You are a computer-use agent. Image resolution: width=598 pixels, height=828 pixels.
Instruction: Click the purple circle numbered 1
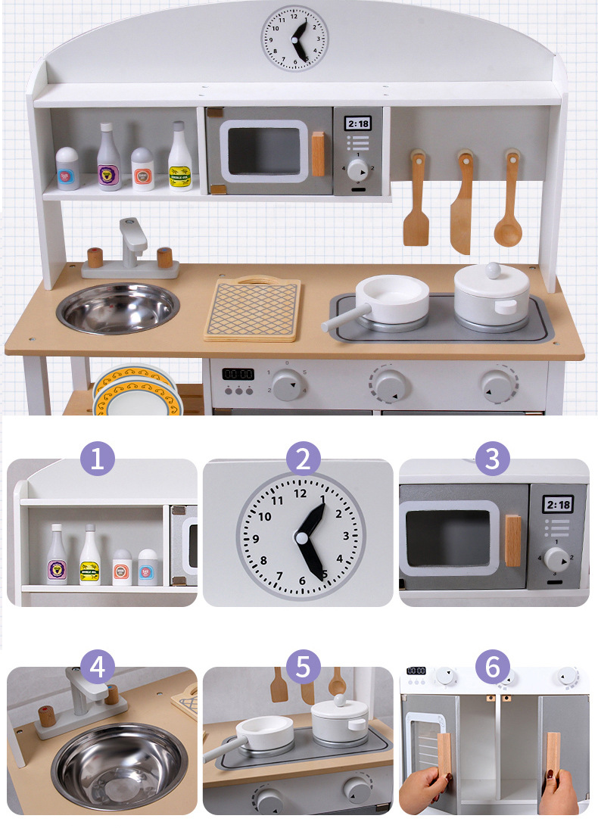[x=97, y=459]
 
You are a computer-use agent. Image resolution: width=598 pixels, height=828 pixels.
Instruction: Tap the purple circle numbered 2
[x=303, y=459]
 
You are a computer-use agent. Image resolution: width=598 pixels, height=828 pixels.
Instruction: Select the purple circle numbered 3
[x=493, y=459]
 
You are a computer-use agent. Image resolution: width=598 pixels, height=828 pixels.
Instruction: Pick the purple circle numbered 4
[x=97, y=667]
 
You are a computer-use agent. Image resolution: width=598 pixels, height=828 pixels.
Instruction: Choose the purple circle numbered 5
[x=303, y=667]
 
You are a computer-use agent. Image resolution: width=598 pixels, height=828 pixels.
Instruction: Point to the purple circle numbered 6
[x=493, y=667]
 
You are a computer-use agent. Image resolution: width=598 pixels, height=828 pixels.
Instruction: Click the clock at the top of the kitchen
[x=295, y=38]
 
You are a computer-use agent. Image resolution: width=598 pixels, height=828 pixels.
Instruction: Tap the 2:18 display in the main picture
[x=357, y=123]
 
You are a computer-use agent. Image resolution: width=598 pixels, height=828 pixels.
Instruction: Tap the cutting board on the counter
[x=253, y=309]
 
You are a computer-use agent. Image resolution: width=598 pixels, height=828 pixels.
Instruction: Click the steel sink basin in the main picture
[x=118, y=308]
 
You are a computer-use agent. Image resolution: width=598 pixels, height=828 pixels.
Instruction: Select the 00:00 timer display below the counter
[x=238, y=374]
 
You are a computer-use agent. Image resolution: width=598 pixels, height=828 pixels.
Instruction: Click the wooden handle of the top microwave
[x=318, y=154]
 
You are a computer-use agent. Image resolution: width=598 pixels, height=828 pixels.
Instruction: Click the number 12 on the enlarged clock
[x=301, y=493]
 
